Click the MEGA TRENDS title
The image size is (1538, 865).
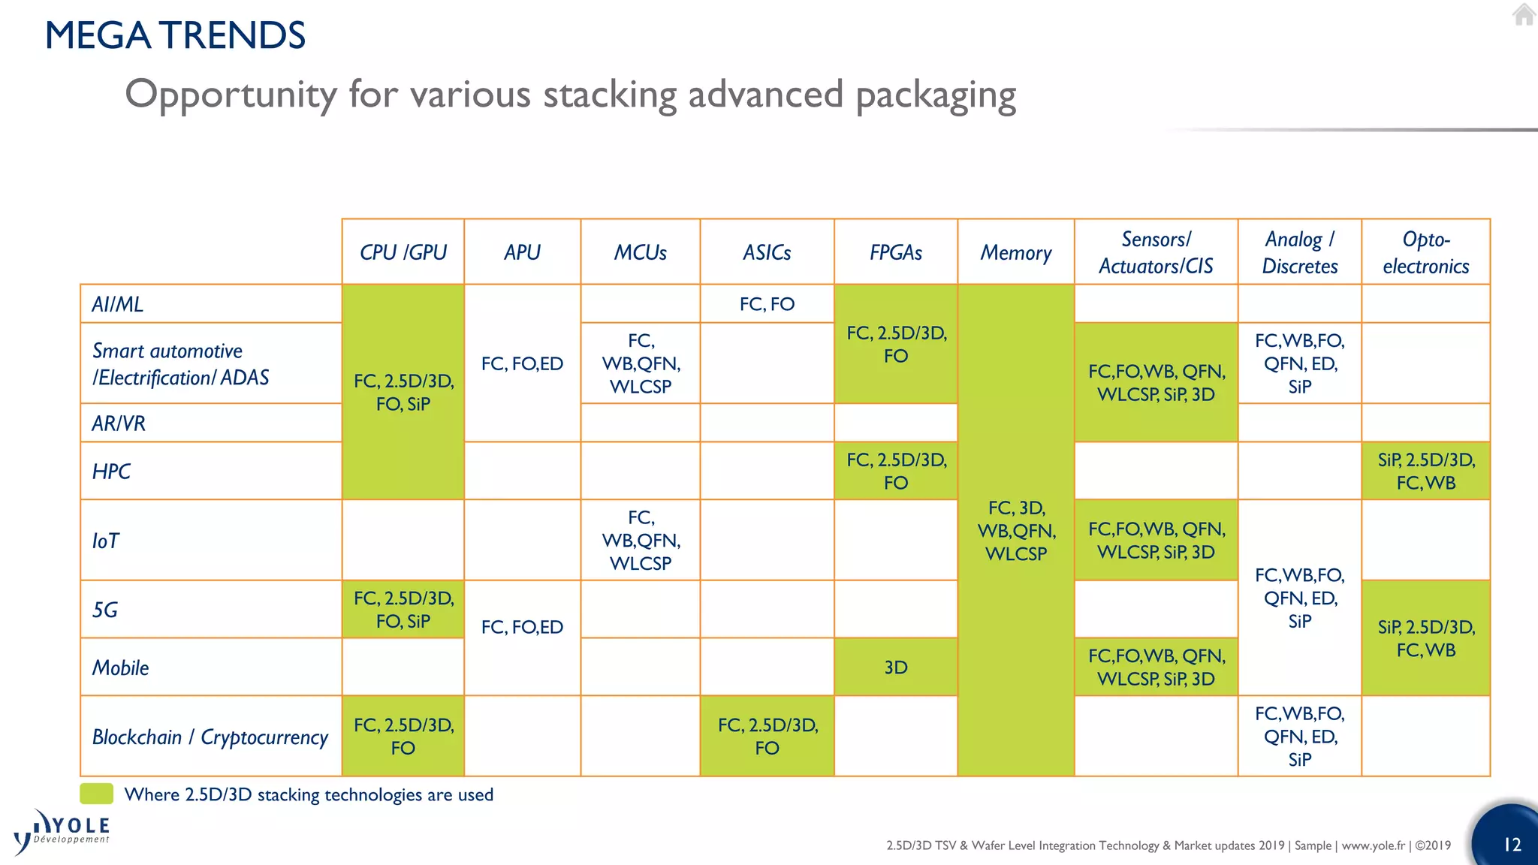coord(175,35)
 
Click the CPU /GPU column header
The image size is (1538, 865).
coord(403,252)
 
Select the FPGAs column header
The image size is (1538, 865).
coord(895,252)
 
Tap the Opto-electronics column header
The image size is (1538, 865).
coord(1425,252)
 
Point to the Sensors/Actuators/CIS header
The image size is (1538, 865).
coord(1156,252)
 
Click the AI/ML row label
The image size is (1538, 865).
coord(118,304)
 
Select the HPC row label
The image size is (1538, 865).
coord(111,472)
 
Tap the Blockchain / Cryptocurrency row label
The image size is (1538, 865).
coord(210,737)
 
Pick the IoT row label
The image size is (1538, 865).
coord(106,541)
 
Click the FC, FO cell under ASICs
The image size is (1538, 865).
coord(767,304)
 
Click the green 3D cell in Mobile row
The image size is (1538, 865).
coord(895,668)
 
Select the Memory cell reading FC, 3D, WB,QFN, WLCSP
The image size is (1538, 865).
coord(1016,531)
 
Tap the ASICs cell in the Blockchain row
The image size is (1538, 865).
coord(767,736)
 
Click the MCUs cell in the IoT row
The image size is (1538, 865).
coord(641,540)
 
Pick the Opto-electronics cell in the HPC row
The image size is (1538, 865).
coord(1425,472)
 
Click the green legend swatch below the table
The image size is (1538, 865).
coord(97,794)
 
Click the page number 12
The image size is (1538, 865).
coord(1512,845)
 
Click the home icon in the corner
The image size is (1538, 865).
coord(1524,14)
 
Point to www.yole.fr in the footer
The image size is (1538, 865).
coord(1373,845)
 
